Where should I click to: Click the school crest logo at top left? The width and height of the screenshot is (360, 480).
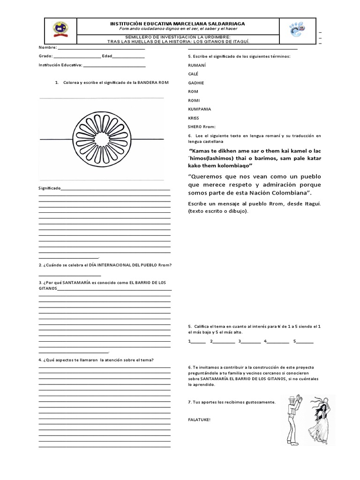(60, 29)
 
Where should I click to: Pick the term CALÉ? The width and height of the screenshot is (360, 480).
(193, 74)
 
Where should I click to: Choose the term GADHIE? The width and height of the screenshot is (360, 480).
(195, 82)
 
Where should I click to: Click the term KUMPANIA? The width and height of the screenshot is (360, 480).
(199, 109)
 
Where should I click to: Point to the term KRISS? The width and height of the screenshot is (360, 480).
(193, 118)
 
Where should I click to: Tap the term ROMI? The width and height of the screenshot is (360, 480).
(194, 100)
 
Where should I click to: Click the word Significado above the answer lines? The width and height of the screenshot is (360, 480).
(49, 188)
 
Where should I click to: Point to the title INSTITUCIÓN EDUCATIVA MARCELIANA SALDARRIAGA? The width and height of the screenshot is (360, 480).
(177, 23)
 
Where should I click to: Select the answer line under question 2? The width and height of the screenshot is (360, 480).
(69, 275)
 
